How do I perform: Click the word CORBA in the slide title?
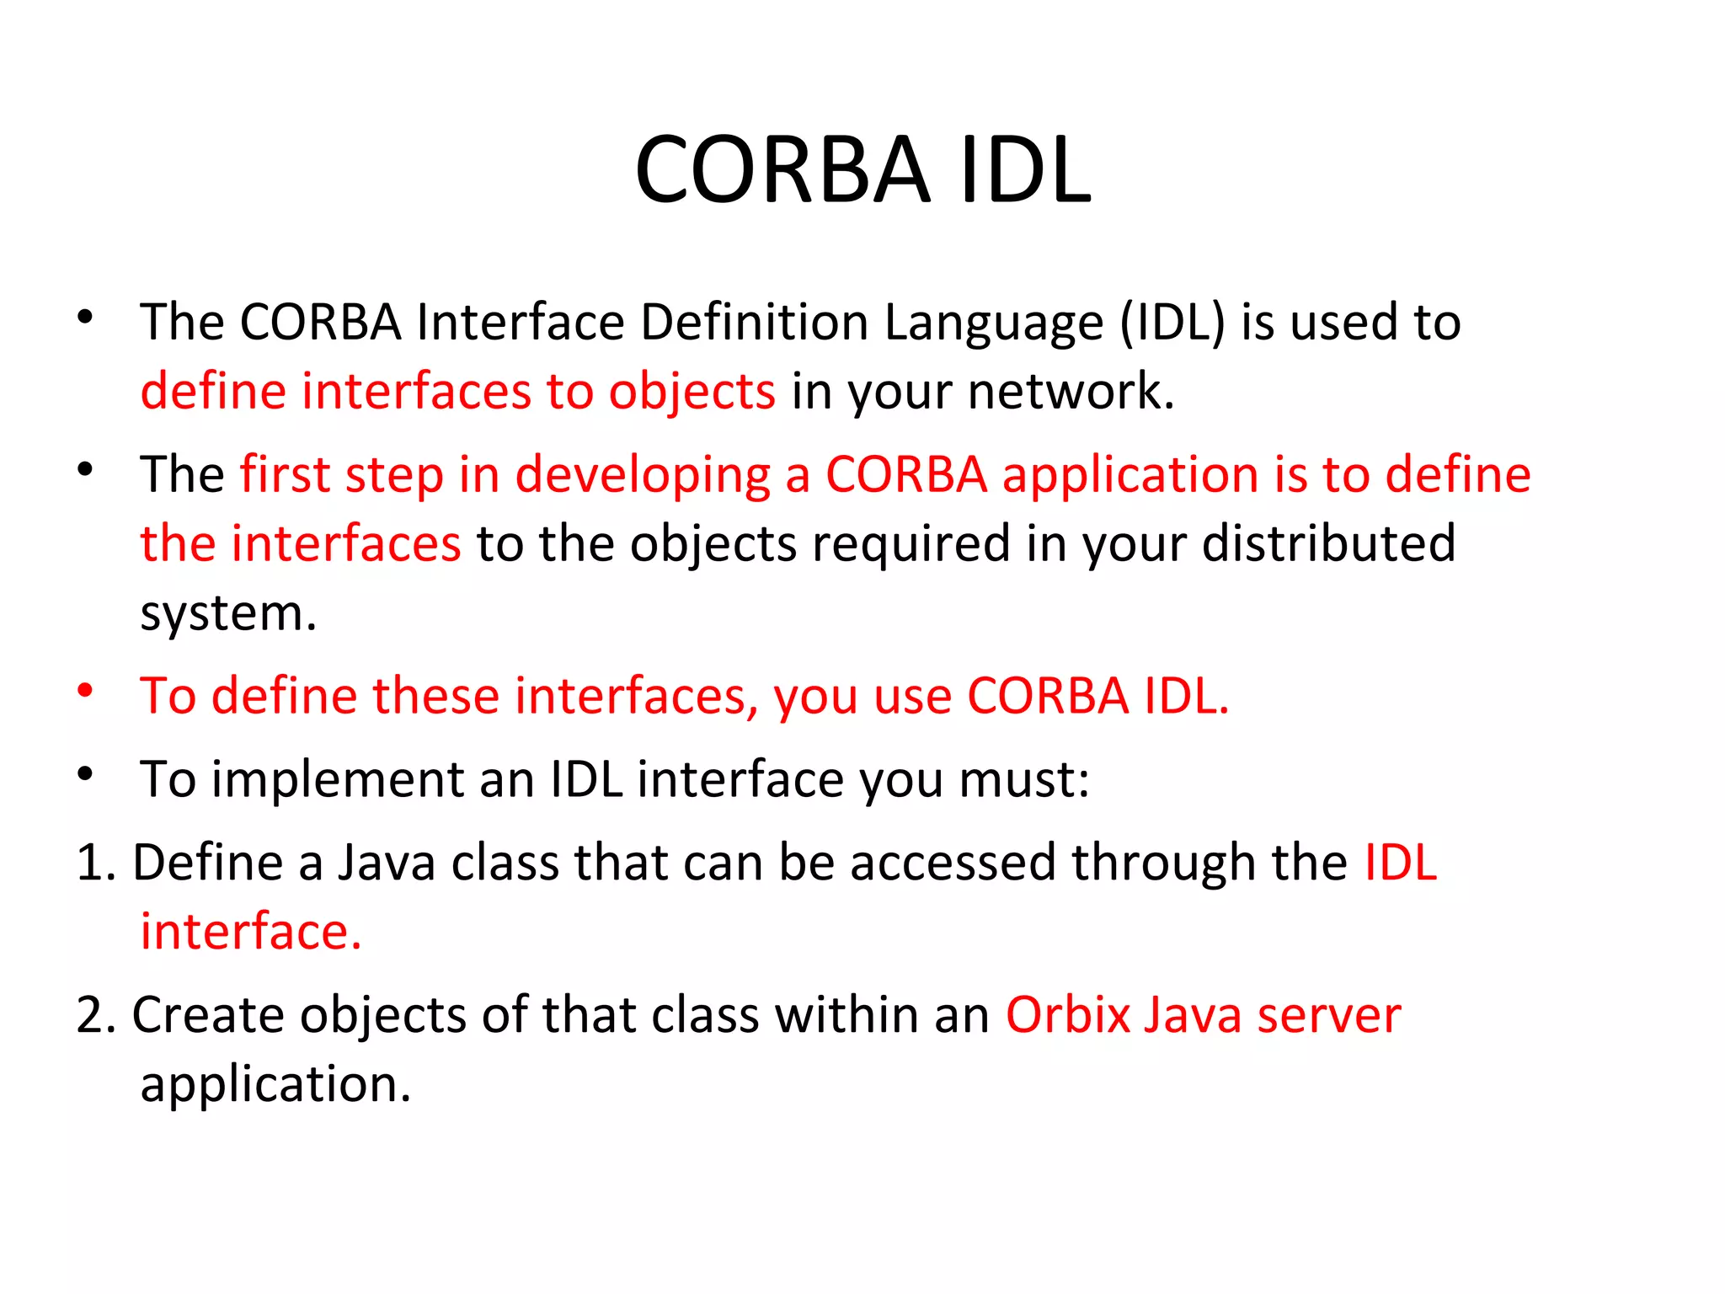(782, 170)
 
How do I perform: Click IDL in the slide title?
(1024, 170)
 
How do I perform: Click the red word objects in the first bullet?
(692, 393)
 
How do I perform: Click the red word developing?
(642, 476)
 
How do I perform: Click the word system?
(227, 614)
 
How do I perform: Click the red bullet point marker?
(85, 691)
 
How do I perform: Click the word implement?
(337, 779)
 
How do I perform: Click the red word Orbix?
(1067, 1015)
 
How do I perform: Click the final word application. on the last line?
(275, 1084)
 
